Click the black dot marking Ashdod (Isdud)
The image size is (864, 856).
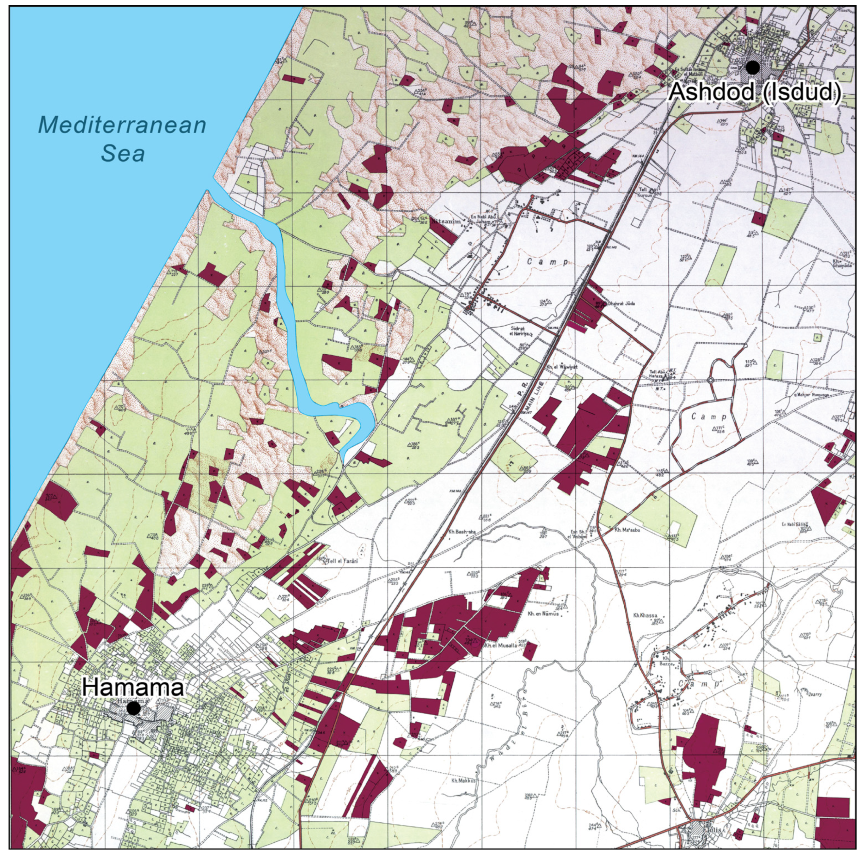click(753, 68)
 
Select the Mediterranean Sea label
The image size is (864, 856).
click(122, 139)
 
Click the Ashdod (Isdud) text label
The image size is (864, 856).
click(755, 92)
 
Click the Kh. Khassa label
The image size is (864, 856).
click(645, 615)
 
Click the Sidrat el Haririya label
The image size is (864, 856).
click(521, 331)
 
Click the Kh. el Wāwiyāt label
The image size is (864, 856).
click(562, 367)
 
